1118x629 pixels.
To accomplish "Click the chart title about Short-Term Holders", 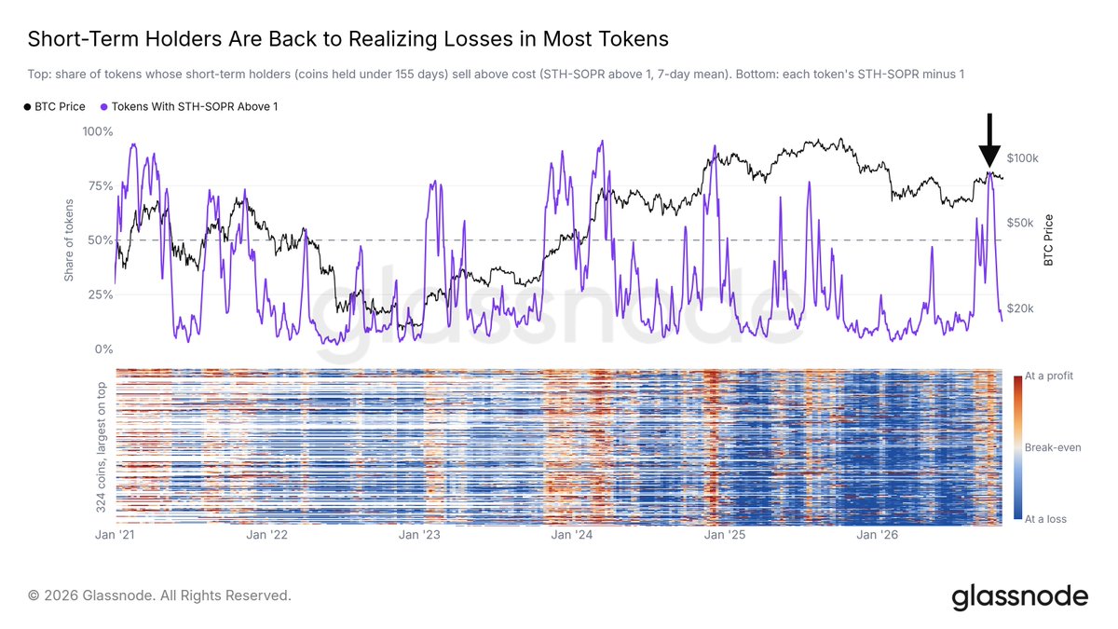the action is coord(348,39).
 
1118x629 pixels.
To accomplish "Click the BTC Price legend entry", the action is coord(54,107).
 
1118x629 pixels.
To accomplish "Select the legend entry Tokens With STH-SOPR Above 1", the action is coord(189,107).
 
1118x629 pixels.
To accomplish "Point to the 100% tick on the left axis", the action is coord(98,131).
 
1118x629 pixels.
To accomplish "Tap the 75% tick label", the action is coord(101,186).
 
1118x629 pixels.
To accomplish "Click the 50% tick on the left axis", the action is coord(101,240).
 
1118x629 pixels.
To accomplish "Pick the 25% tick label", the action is coord(101,294).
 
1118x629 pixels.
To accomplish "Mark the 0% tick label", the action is coord(103,349).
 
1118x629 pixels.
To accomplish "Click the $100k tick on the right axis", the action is coord(1022,158).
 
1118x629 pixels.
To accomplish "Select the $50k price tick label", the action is coord(1019,223).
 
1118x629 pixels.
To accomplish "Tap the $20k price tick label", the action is coord(1019,308).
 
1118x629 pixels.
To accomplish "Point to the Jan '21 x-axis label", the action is coord(115,535).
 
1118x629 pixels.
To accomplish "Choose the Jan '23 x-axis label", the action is coord(420,535).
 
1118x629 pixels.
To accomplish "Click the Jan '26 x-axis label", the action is coord(877,535).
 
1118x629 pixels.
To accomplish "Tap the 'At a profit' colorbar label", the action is coord(1049,376).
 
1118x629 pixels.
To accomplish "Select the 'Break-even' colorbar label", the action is coord(1053,448).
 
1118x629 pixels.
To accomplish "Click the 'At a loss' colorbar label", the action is coord(1045,519).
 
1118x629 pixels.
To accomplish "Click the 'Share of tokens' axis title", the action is coord(69,240).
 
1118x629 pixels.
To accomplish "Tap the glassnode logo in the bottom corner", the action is coord(1019,597).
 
